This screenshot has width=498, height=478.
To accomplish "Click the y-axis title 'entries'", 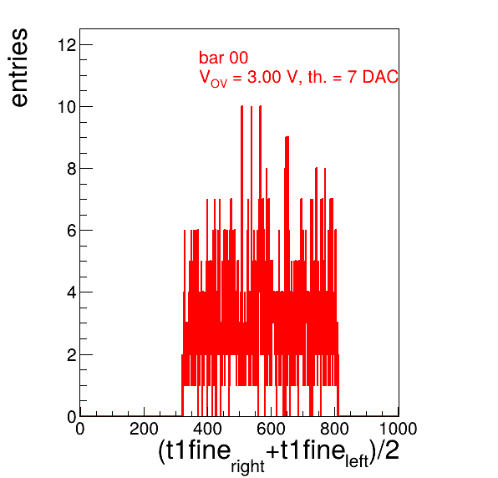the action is tap(20, 68).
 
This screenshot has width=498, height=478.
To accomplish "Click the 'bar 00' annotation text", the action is tap(224, 58).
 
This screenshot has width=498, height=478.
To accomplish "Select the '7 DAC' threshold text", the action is tap(373, 77).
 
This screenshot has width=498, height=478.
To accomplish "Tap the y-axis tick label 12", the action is tap(67, 45).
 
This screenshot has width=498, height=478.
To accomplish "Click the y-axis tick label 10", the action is tap(67, 107).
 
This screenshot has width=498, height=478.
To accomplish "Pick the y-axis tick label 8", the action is tap(72, 169).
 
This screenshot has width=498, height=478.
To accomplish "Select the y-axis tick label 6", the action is tap(72, 231).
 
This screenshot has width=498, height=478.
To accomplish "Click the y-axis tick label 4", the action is tap(72, 292).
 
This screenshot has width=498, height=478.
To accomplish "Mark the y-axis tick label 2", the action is tap(72, 355).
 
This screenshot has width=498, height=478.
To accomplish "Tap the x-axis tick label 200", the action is tap(144, 429).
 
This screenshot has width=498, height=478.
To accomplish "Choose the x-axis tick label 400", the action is tap(207, 429).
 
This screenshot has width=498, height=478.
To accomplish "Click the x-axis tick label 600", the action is tap(271, 429).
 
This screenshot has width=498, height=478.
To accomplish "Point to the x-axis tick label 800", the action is tap(334, 429).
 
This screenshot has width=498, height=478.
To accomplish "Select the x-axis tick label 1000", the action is tap(399, 429).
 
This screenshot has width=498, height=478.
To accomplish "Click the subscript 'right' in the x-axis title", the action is tap(247, 466).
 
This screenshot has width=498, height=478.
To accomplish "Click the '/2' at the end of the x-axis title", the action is tap(387, 450).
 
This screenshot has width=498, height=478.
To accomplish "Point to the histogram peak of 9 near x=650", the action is tap(287, 137).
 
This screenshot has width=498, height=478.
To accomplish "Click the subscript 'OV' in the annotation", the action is tap(219, 84).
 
